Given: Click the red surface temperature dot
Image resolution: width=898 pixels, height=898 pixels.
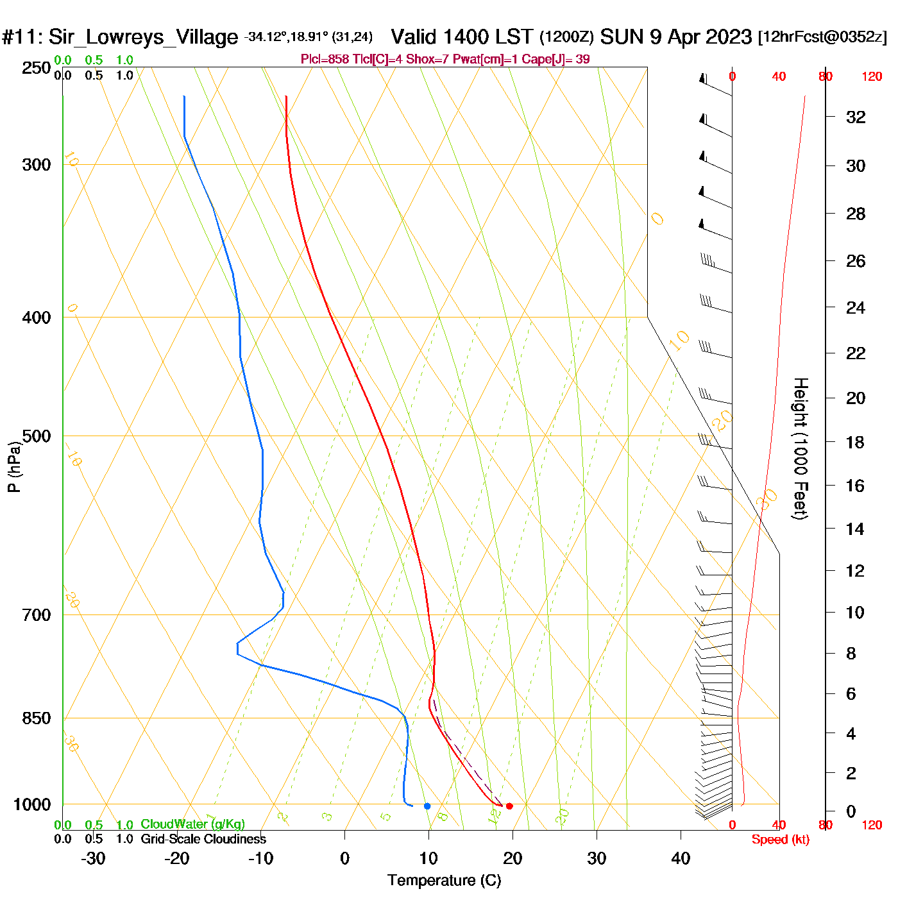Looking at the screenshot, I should click(x=509, y=806).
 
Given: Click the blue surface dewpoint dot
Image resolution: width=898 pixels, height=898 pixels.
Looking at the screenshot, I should click(x=427, y=806).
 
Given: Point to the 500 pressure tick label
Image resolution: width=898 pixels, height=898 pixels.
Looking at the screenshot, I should click(x=37, y=436).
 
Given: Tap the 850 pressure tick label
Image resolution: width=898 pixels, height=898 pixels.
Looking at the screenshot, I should click(x=37, y=718).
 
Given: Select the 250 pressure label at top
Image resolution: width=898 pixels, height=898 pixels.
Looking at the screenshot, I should click(x=37, y=68).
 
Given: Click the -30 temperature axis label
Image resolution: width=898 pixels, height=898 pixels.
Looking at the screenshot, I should click(x=93, y=858).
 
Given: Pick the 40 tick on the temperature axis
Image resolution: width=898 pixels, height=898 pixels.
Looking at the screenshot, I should click(x=681, y=858).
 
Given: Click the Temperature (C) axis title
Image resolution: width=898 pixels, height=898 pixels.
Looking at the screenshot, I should click(x=444, y=881).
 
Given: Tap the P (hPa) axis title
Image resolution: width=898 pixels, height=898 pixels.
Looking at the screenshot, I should click(x=14, y=466).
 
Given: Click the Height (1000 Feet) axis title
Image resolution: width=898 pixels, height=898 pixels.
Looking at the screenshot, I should click(x=801, y=448).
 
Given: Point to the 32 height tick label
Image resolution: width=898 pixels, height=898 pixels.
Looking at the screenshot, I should click(x=856, y=117).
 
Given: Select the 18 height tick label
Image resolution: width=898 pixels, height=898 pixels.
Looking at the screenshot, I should click(x=855, y=442).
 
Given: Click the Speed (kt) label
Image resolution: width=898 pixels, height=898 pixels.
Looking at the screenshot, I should click(x=781, y=840).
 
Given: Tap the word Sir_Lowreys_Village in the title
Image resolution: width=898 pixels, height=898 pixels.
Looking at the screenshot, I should click(x=143, y=37).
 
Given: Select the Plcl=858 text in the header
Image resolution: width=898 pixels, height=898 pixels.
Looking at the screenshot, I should click(x=325, y=60).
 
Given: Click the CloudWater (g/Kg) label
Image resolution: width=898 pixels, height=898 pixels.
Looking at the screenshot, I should click(x=192, y=824).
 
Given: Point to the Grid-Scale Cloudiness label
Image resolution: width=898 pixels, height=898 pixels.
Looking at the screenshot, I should click(x=203, y=839).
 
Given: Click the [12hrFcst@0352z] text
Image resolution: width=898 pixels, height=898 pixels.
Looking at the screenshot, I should click(x=822, y=37).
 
